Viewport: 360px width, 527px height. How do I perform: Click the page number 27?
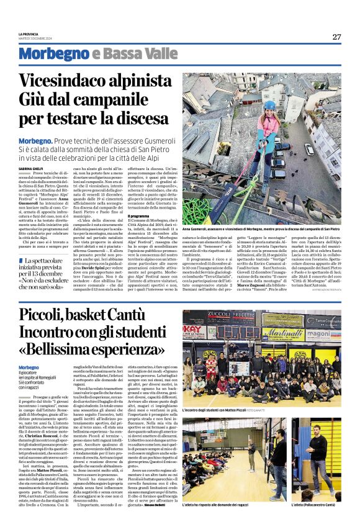pyautogui.click(x=336, y=37)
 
